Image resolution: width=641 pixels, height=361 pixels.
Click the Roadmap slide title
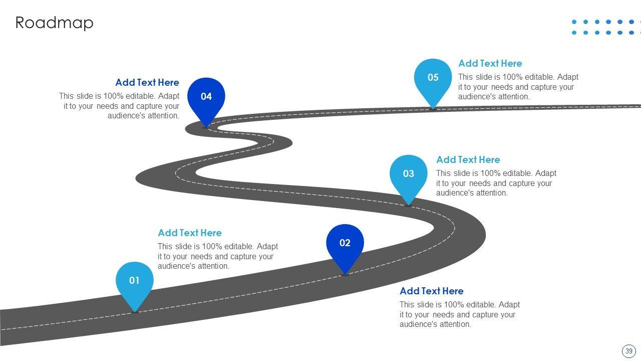(54, 23)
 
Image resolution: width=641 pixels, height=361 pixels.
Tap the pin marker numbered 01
(134, 282)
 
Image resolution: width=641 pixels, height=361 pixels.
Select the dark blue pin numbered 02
(345, 244)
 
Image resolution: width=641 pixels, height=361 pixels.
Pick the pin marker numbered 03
(409, 175)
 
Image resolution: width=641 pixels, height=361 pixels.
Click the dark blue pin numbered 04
(206, 98)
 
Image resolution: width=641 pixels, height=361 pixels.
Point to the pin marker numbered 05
(433, 79)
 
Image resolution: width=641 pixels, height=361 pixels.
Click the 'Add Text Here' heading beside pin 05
(490, 64)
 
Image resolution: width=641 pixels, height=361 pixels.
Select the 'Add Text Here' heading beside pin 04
(147, 83)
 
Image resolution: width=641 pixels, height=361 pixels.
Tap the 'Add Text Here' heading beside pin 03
(468, 160)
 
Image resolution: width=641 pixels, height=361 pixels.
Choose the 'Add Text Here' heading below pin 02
(431, 291)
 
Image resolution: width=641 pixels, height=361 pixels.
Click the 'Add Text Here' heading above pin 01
(189, 233)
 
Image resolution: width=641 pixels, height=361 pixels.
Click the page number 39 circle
(628, 351)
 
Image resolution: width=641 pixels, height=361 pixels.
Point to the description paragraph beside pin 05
(518, 87)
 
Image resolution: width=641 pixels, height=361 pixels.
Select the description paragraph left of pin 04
(119, 106)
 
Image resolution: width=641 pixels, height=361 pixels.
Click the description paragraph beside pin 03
(496, 183)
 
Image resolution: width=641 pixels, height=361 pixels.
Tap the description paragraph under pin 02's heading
(459, 314)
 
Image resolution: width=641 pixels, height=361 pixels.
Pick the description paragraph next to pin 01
(217, 256)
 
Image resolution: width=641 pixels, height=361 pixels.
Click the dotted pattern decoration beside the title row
(605, 27)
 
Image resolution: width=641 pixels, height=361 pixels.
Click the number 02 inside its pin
(345, 243)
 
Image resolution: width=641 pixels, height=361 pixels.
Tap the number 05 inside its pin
(433, 78)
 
